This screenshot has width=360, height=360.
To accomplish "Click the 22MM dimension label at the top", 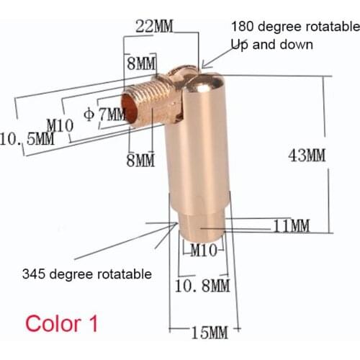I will (x=154, y=27).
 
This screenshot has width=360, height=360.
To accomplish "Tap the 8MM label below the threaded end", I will (x=140, y=160).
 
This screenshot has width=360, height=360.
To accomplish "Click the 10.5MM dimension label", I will (x=27, y=138).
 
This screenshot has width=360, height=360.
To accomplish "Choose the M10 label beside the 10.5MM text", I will (x=60, y=126).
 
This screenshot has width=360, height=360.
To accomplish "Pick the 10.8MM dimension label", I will (x=202, y=286).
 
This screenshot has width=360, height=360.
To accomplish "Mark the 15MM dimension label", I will (x=209, y=333).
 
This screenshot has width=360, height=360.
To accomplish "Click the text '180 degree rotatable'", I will (x=294, y=27).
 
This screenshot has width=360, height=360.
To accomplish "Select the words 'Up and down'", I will (x=271, y=44).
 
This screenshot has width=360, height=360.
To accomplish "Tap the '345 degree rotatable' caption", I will (x=86, y=274).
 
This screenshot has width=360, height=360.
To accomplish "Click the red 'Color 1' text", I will (x=61, y=322).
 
